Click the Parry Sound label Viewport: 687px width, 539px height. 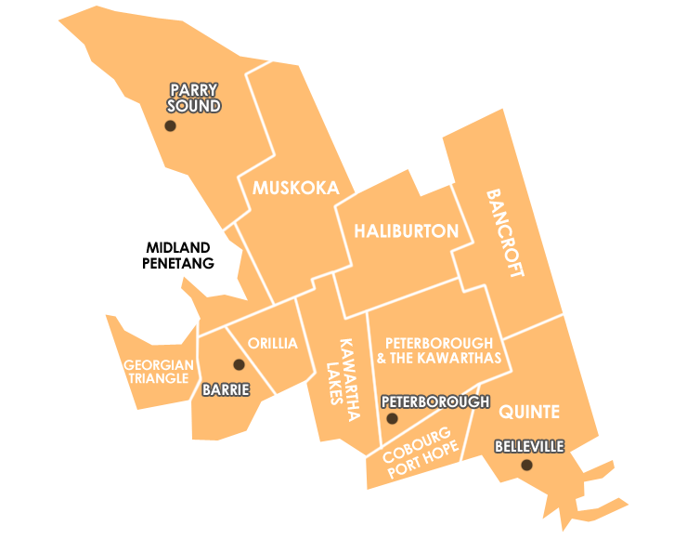[x=193, y=98]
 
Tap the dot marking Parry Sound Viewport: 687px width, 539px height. [x=170, y=125]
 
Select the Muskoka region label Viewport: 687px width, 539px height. [x=295, y=188]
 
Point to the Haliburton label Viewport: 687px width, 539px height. [x=406, y=231]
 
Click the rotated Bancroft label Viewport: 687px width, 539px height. [x=505, y=233]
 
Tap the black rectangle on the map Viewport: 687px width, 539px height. [x=178, y=255]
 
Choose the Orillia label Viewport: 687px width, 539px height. [x=272, y=344]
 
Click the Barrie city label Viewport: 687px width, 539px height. [x=226, y=390]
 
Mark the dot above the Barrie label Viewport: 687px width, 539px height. [x=239, y=364]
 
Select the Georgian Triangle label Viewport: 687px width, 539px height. [x=159, y=372]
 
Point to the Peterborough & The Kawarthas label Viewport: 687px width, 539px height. [x=439, y=350]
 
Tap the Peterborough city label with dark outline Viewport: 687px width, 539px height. [x=434, y=401]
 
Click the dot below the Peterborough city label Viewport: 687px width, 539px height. [x=392, y=418]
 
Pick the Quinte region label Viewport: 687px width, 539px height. [x=529, y=412]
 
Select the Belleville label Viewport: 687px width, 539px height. [x=529, y=447]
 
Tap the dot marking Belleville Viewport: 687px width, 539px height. [x=526, y=465]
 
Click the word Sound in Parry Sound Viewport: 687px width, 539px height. [x=193, y=106]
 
